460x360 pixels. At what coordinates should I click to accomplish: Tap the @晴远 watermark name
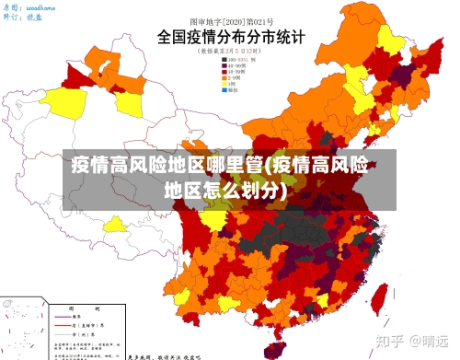click(x=429, y=339)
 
